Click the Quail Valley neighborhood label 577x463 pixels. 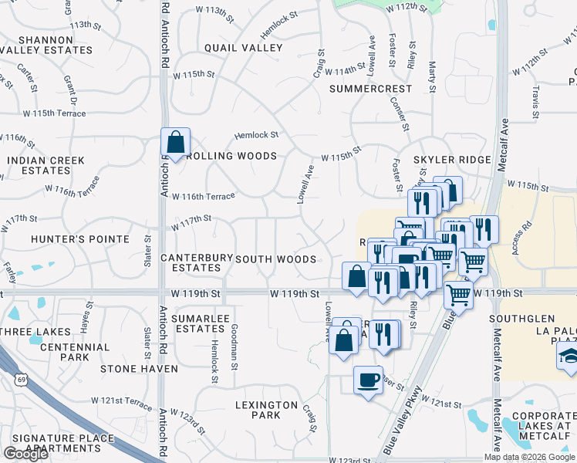243,48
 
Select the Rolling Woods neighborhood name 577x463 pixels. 230,156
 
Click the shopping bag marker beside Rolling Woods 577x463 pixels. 176,143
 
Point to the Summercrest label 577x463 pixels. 370,89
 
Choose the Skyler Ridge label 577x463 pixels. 452,160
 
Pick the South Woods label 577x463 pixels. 275,259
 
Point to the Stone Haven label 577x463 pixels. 139,369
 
